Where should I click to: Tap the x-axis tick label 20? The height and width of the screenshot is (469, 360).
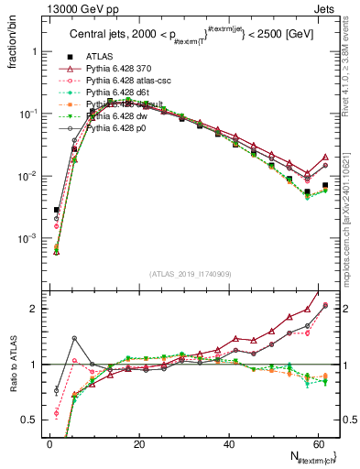pos(138,443)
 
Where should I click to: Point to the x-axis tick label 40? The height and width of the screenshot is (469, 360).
pos(228,443)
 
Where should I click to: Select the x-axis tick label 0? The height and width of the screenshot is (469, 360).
pos(49,443)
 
